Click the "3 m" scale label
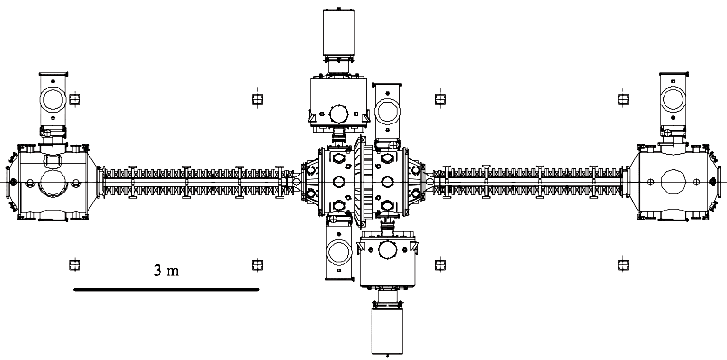tap(166, 270)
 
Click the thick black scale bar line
tap(167, 290)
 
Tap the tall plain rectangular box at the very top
tap(338, 33)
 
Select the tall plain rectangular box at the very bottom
tap(387, 331)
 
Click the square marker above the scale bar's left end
tap(75, 265)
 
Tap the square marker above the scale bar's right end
tap(257, 265)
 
